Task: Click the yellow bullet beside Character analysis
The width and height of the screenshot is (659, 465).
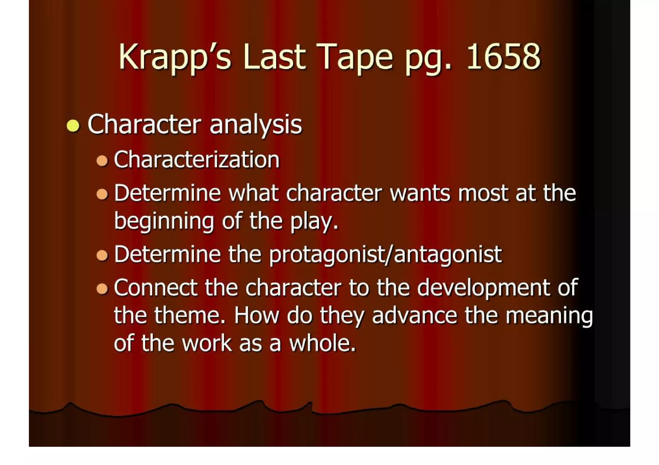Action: tap(73, 125)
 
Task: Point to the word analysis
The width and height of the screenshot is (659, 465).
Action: tap(256, 125)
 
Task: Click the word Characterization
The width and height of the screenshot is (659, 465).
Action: tap(197, 159)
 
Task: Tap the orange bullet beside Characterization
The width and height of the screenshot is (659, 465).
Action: tap(102, 160)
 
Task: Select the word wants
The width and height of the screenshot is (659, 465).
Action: tap(420, 193)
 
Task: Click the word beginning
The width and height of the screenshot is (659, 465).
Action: tap(164, 222)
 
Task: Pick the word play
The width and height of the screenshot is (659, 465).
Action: tap(314, 222)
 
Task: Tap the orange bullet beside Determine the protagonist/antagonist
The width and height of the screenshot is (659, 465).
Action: tap(102, 256)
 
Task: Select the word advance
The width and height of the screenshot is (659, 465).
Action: tap(414, 316)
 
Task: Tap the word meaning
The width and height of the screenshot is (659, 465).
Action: tap(549, 316)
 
